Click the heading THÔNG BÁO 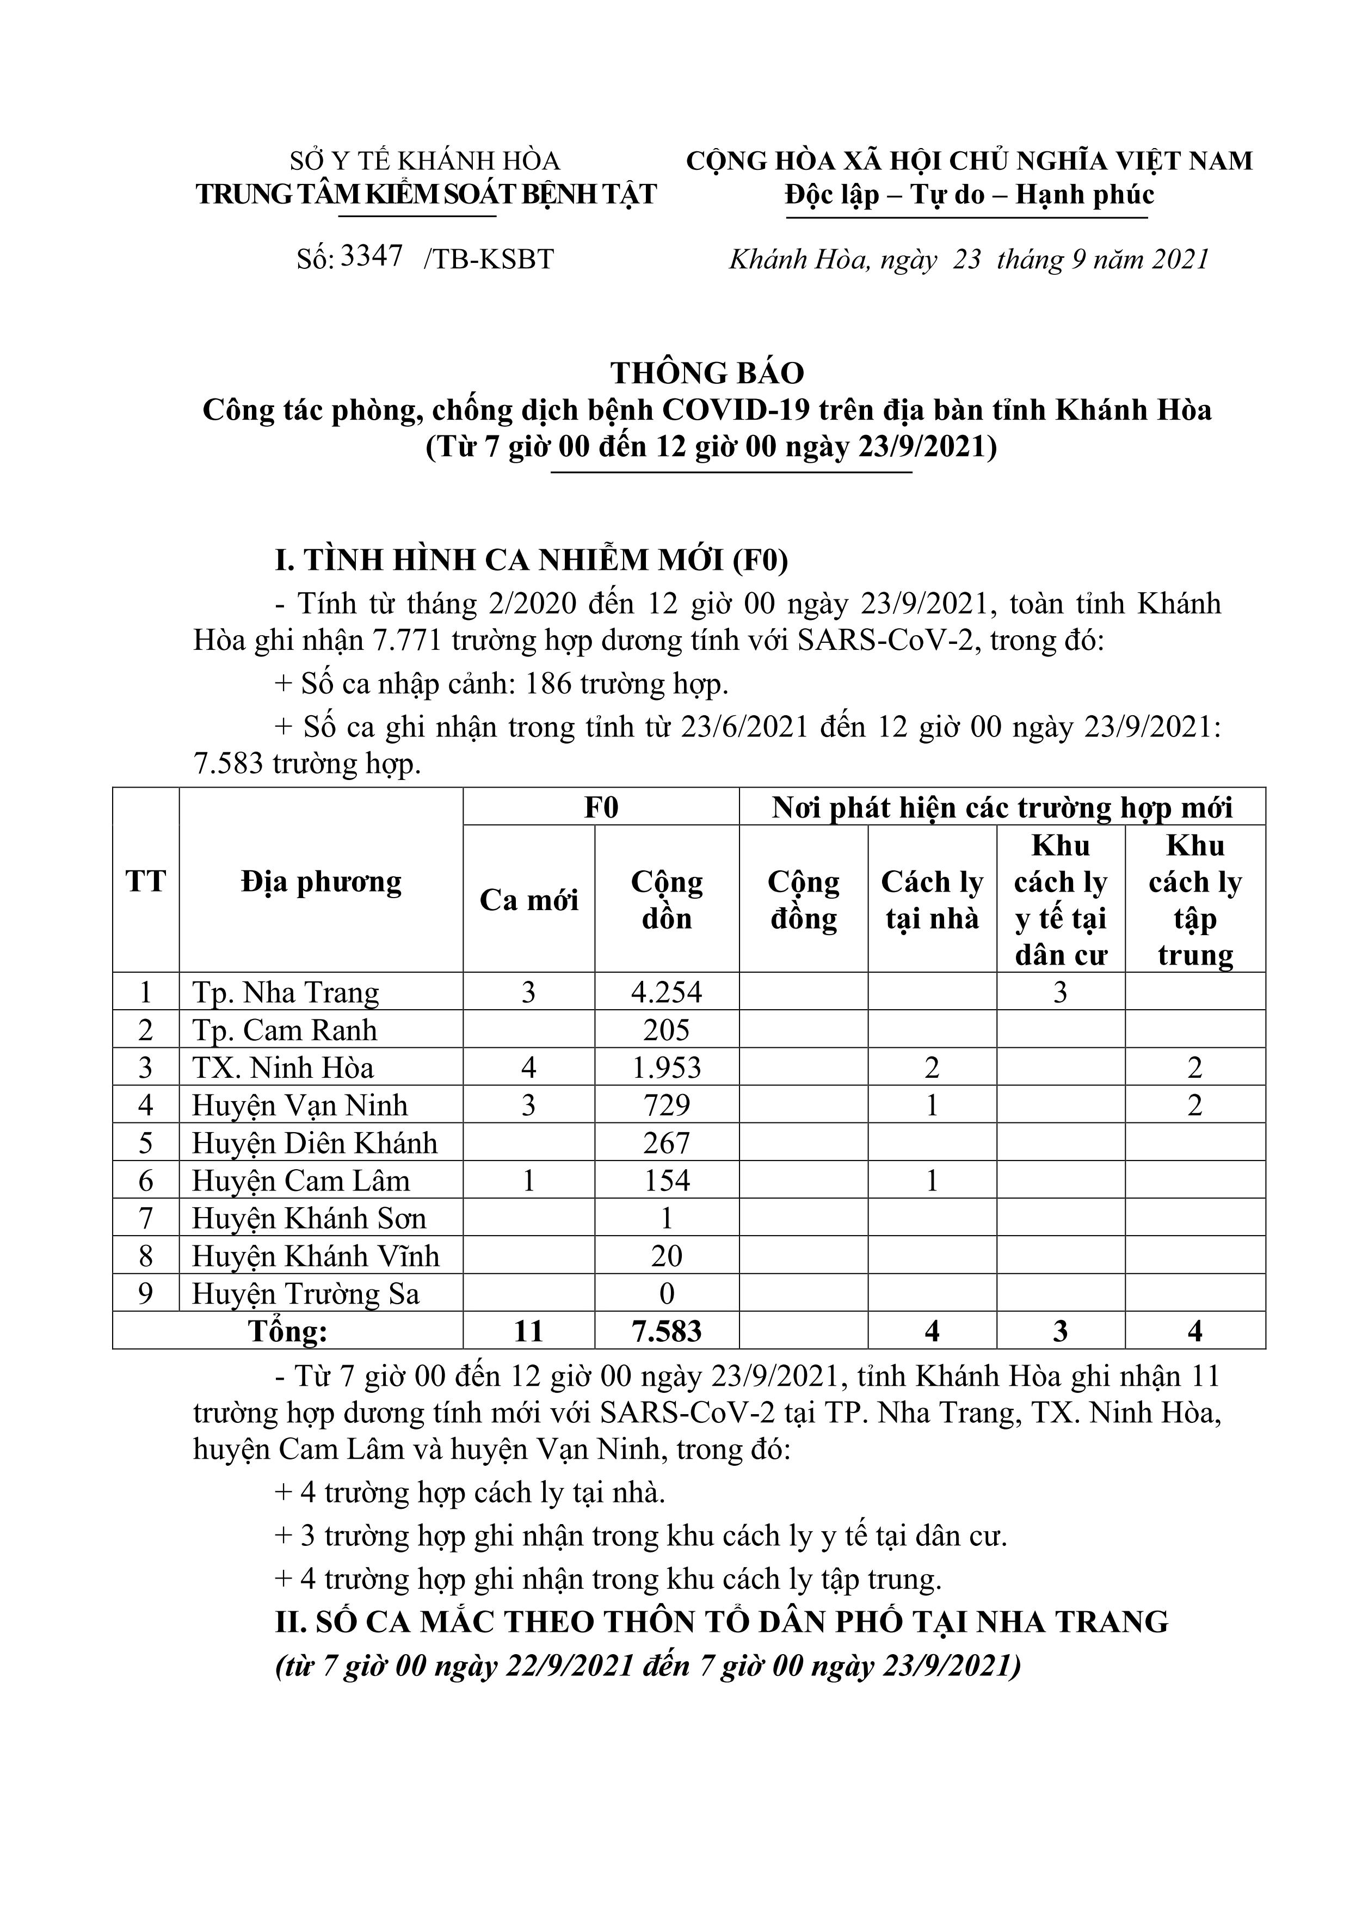click(708, 373)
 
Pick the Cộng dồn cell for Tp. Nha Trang click(666, 992)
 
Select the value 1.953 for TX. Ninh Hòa click(666, 1067)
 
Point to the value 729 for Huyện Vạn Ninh click(666, 1105)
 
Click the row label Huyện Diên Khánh click(315, 1143)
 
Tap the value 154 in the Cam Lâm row click(666, 1181)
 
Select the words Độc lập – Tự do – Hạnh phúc click(970, 195)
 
